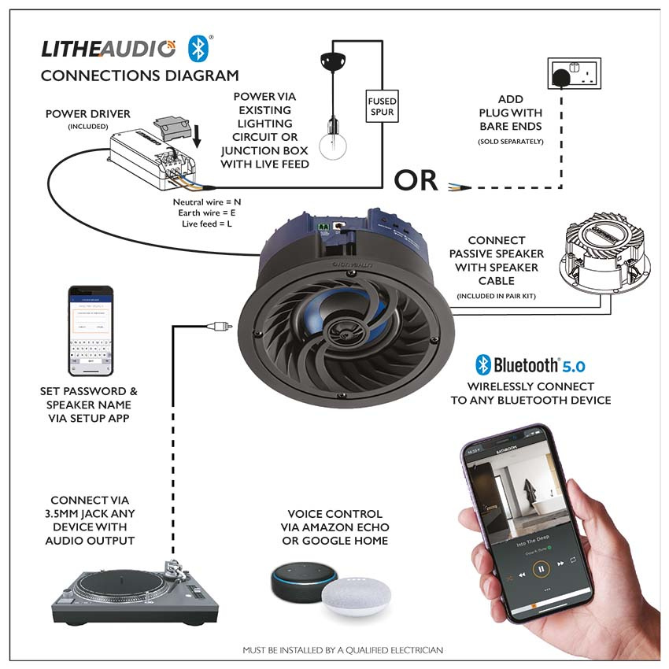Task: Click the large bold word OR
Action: click(x=416, y=180)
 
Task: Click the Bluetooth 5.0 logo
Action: click(x=530, y=365)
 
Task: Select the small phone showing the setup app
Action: click(x=90, y=331)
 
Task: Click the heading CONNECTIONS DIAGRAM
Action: click(x=139, y=76)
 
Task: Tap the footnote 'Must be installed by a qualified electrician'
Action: click(x=342, y=650)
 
